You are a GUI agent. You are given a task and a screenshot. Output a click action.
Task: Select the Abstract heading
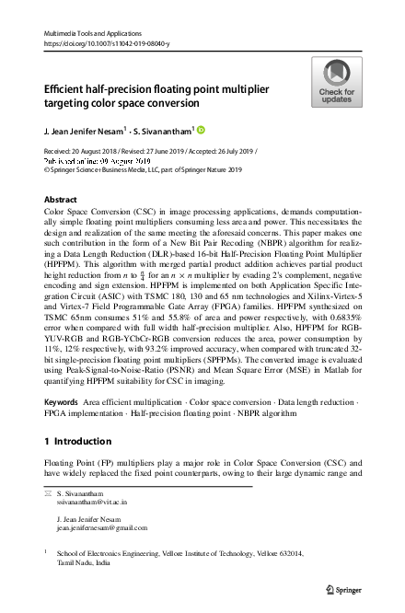[61, 199]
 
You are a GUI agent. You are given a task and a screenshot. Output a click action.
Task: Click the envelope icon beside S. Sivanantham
[48, 494]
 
